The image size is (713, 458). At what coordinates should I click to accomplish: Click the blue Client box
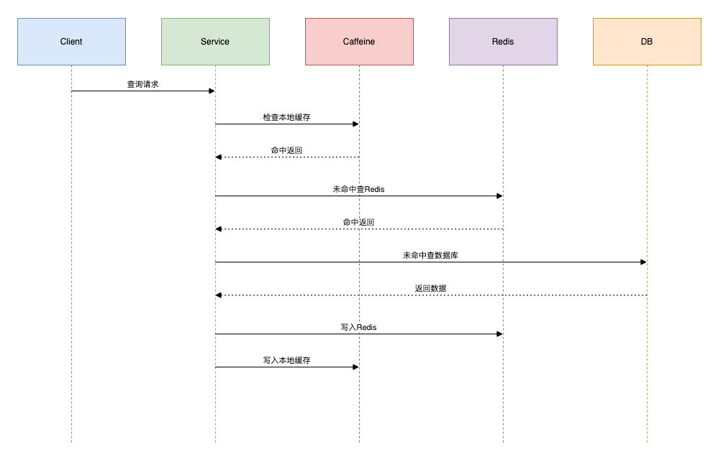(x=71, y=42)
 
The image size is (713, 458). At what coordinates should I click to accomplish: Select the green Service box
(x=216, y=42)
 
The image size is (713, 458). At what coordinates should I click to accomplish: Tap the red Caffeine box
(x=359, y=42)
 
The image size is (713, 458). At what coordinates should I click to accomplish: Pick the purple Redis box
(x=503, y=42)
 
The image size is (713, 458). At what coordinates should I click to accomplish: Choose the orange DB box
(x=647, y=42)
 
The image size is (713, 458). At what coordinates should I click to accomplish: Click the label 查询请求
(x=142, y=85)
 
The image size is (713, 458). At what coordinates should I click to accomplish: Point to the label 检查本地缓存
(x=286, y=118)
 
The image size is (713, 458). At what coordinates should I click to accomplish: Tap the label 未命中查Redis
(x=359, y=190)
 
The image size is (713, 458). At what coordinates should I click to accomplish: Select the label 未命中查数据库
(x=431, y=255)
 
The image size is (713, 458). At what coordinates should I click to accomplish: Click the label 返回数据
(x=431, y=288)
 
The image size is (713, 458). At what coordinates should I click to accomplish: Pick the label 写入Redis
(x=359, y=328)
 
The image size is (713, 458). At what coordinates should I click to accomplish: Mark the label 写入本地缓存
(x=286, y=360)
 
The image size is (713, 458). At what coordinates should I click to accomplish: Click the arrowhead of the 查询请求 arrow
(x=212, y=91)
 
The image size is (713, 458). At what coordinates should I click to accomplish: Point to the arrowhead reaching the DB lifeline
(x=643, y=262)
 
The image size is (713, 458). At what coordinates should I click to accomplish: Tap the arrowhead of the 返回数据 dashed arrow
(x=219, y=296)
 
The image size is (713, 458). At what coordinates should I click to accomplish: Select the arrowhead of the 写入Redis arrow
(x=500, y=334)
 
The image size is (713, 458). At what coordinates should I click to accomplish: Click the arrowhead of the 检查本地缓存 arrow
(x=355, y=124)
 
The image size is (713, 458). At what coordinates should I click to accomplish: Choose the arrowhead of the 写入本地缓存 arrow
(x=355, y=367)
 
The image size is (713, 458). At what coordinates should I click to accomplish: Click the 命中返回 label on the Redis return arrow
(x=359, y=223)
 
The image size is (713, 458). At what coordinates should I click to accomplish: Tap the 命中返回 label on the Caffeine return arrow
(x=286, y=150)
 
